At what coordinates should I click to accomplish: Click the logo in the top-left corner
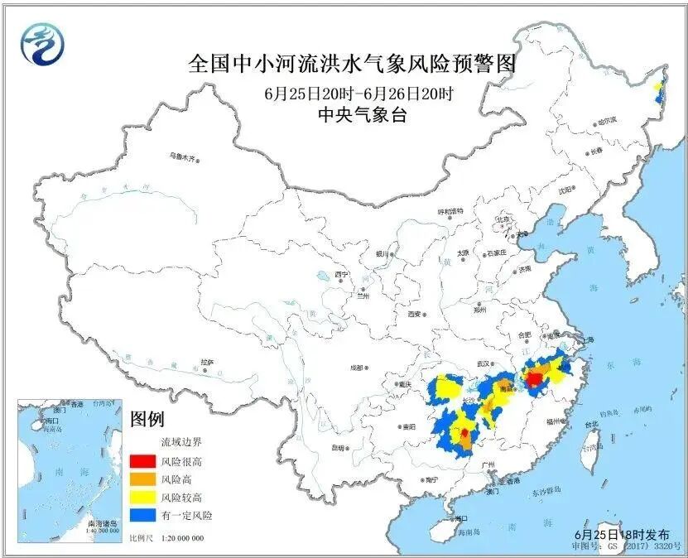click(41, 44)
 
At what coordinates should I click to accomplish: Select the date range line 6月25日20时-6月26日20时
click(358, 94)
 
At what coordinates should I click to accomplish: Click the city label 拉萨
click(207, 362)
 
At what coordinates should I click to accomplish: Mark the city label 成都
click(356, 368)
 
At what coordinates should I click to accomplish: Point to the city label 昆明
click(337, 448)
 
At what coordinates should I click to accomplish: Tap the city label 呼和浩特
click(452, 211)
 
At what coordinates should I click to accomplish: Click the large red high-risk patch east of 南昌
click(535, 379)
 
